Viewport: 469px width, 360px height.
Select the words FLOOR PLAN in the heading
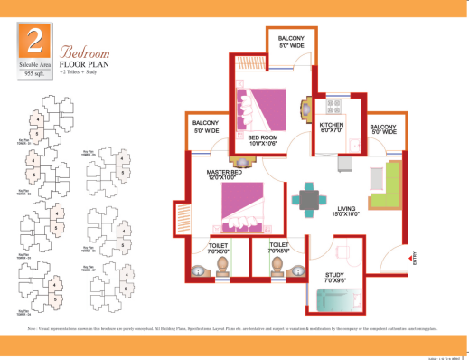(86, 65)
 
